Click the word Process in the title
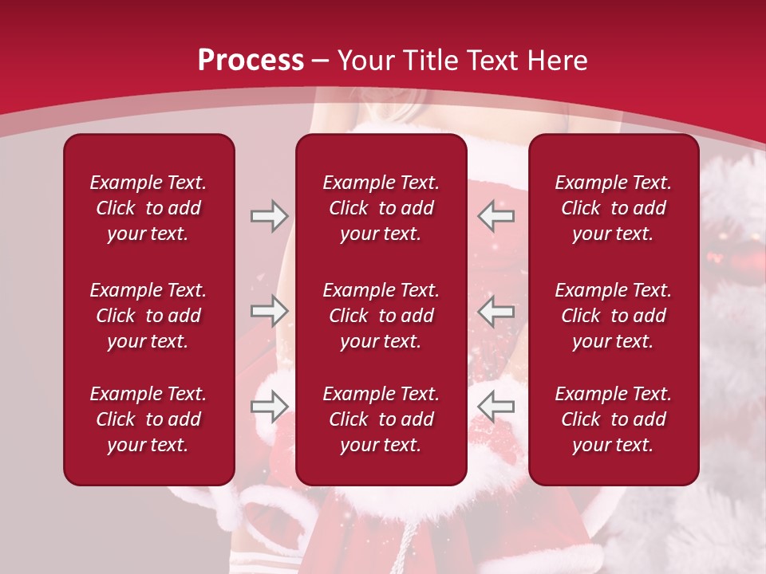point(251,60)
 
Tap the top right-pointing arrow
point(269,216)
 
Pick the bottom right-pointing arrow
point(269,407)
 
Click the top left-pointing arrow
point(496,216)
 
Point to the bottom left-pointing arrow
point(496,407)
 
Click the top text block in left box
point(148,208)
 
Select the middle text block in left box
point(148,316)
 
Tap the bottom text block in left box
point(148,419)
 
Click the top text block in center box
point(381,208)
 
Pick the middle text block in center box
point(381,316)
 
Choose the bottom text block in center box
point(381,419)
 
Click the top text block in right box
point(613,208)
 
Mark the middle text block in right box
point(613,316)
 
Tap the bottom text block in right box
point(613,419)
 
